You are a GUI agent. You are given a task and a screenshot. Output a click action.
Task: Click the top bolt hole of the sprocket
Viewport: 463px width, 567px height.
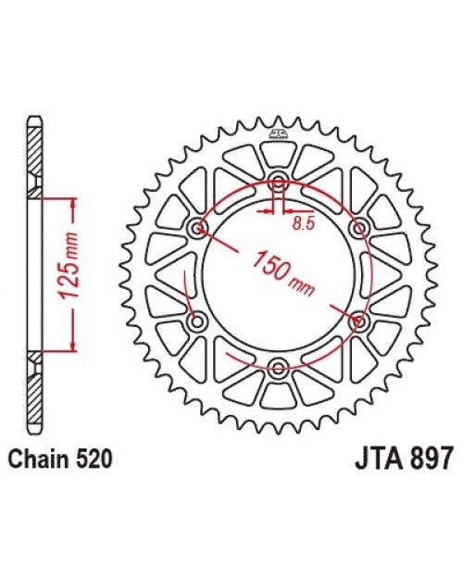click(x=277, y=181)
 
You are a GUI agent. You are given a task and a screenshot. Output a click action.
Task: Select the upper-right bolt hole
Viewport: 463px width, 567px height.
click(x=357, y=228)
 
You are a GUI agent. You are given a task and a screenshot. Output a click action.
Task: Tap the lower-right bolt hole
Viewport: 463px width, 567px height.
click(x=357, y=321)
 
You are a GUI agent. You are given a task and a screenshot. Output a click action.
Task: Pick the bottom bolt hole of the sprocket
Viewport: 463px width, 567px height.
click(x=277, y=368)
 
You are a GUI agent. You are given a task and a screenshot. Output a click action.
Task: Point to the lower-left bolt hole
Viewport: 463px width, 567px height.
click(x=196, y=321)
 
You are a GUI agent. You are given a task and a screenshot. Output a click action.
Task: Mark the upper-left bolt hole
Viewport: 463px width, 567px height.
click(x=196, y=228)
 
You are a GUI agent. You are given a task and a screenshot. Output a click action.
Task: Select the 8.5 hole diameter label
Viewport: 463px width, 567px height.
click(x=302, y=223)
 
